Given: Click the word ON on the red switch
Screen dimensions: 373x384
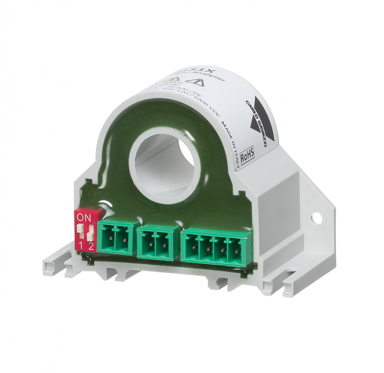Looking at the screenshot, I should click(84, 218).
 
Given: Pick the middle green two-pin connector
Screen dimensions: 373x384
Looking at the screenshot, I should click(157, 241).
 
